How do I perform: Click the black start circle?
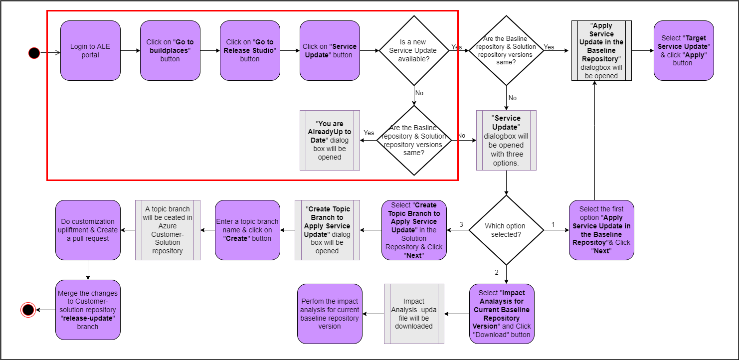point(34,52)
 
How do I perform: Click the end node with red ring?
point(28,310)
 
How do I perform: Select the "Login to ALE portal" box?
point(90,50)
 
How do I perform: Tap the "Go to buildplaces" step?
point(170,50)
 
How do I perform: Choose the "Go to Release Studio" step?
point(250,50)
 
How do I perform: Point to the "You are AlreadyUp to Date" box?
point(330,141)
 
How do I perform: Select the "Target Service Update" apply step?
point(684,50)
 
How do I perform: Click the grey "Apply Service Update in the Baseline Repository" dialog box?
point(601,50)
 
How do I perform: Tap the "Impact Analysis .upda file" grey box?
point(414,314)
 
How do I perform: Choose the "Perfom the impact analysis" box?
point(330,314)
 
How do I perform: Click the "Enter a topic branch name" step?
point(247,230)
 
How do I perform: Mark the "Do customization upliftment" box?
point(88,230)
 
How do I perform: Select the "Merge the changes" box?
point(88,310)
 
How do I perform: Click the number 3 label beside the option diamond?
point(461,225)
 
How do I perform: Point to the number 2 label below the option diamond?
point(497,272)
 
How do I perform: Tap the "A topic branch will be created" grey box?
point(168,230)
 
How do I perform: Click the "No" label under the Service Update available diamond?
point(419,93)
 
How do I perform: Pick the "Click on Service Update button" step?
point(330,50)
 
